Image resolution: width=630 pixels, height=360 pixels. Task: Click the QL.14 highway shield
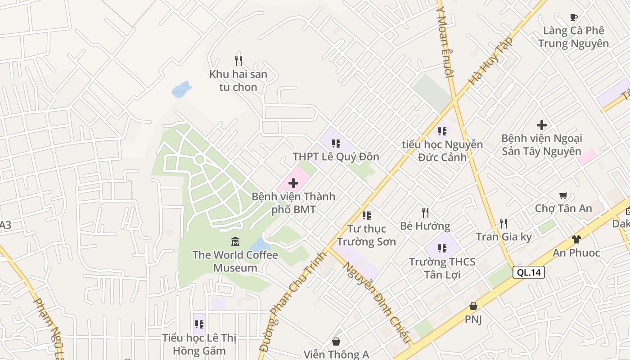(x=528, y=272)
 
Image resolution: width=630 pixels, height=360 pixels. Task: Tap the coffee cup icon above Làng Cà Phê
(x=573, y=18)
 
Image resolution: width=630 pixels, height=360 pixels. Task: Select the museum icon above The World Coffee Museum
(x=235, y=242)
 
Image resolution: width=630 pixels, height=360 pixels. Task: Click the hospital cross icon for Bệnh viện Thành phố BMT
(x=293, y=183)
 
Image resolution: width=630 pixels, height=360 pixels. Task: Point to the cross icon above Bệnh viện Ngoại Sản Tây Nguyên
(x=542, y=125)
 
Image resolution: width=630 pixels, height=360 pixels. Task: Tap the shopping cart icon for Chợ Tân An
(x=563, y=195)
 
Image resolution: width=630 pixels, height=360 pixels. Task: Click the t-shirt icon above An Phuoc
(x=576, y=239)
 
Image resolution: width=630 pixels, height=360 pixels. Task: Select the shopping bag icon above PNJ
(x=473, y=306)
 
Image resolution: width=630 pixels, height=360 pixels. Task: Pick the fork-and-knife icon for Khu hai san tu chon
(x=238, y=60)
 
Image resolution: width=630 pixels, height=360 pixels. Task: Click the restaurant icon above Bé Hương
(x=425, y=212)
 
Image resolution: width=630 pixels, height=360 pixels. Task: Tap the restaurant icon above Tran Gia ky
(x=504, y=223)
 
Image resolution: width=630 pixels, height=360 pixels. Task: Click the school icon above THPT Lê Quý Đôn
(x=336, y=144)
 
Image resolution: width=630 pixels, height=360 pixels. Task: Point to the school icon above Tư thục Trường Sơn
(x=366, y=216)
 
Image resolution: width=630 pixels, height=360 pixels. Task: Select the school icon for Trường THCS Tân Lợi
(x=442, y=248)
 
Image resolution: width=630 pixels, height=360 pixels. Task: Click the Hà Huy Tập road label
(x=491, y=61)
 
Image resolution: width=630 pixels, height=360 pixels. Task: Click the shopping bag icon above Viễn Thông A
(x=336, y=342)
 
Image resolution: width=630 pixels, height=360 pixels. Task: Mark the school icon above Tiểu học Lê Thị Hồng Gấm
(x=199, y=324)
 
